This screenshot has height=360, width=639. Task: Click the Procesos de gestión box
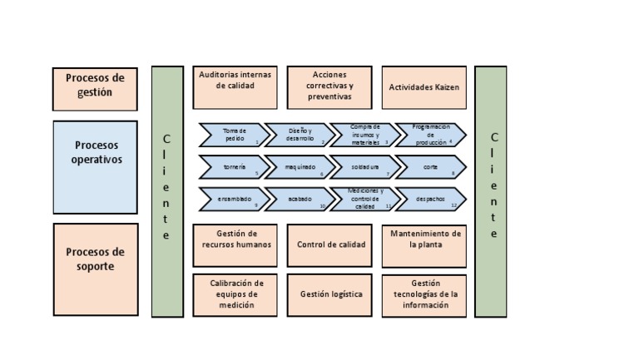95,88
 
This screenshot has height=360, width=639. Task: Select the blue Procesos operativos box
95,167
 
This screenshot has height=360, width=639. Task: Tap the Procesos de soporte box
95,269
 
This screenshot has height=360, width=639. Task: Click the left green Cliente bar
166,191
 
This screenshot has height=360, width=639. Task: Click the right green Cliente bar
491,191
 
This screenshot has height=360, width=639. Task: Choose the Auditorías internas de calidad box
235,87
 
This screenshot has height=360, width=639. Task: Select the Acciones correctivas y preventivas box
329,87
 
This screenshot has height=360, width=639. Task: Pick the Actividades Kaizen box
424,87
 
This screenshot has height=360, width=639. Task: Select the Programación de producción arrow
429,135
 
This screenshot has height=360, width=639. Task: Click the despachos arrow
429,200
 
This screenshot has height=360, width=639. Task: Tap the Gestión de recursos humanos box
235,244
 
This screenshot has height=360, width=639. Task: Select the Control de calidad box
330,244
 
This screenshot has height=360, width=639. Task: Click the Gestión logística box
330,294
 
